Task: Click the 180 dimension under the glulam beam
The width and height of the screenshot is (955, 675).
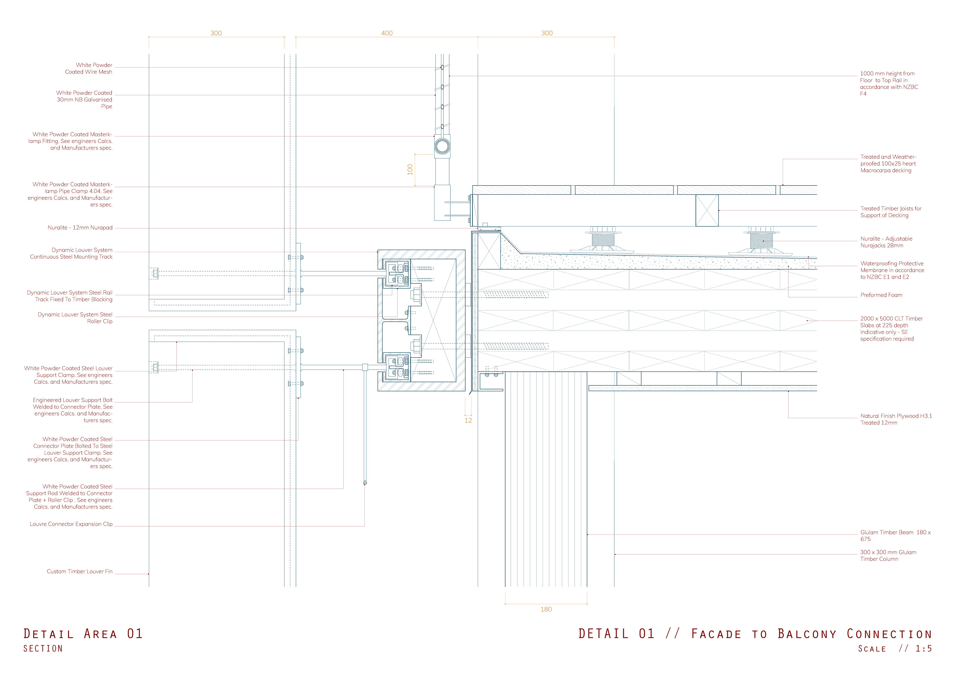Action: pos(546,609)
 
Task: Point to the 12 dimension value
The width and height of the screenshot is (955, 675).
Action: pos(468,420)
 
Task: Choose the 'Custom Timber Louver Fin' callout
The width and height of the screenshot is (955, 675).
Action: pos(79,571)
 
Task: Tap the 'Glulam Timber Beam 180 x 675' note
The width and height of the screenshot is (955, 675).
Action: pos(895,536)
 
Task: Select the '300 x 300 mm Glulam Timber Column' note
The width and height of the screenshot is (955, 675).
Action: pos(888,556)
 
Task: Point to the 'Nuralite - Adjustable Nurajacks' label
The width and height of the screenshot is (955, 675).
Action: pos(886,242)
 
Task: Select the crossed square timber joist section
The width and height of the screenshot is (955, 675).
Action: pos(707,210)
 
